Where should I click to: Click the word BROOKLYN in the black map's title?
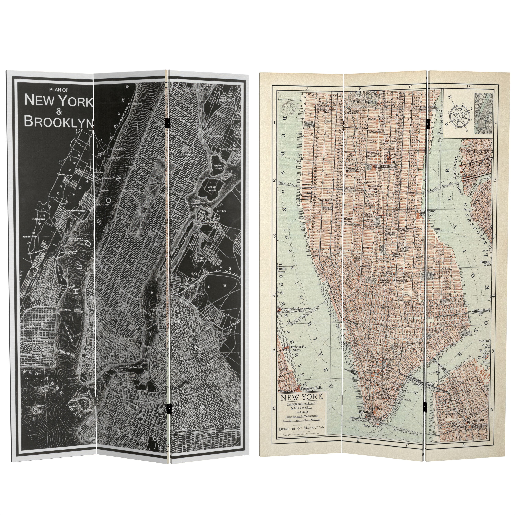[x=59, y=121]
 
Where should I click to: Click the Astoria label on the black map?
[x=221, y=211]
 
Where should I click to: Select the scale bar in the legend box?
[x=302, y=421]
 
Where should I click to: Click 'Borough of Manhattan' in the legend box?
[x=302, y=428]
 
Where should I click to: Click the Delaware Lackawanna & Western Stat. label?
[x=295, y=310]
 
